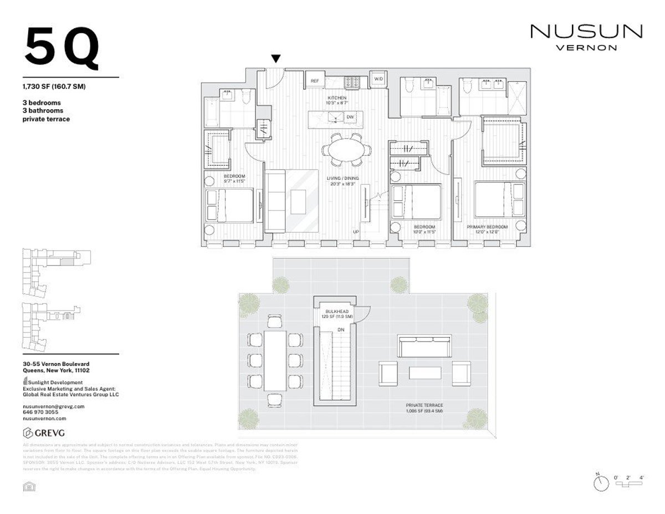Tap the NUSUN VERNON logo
point(586,37)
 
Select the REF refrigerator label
point(315,81)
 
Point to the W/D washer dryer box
point(378,79)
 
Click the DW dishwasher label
point(350,118)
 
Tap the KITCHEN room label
point(336,98)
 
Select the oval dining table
point(346,150)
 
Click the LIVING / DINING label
point(343,178)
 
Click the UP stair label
point(357,232)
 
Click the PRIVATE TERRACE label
point(424,405)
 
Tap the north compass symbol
point(600,483)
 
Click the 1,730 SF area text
point(53,86)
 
